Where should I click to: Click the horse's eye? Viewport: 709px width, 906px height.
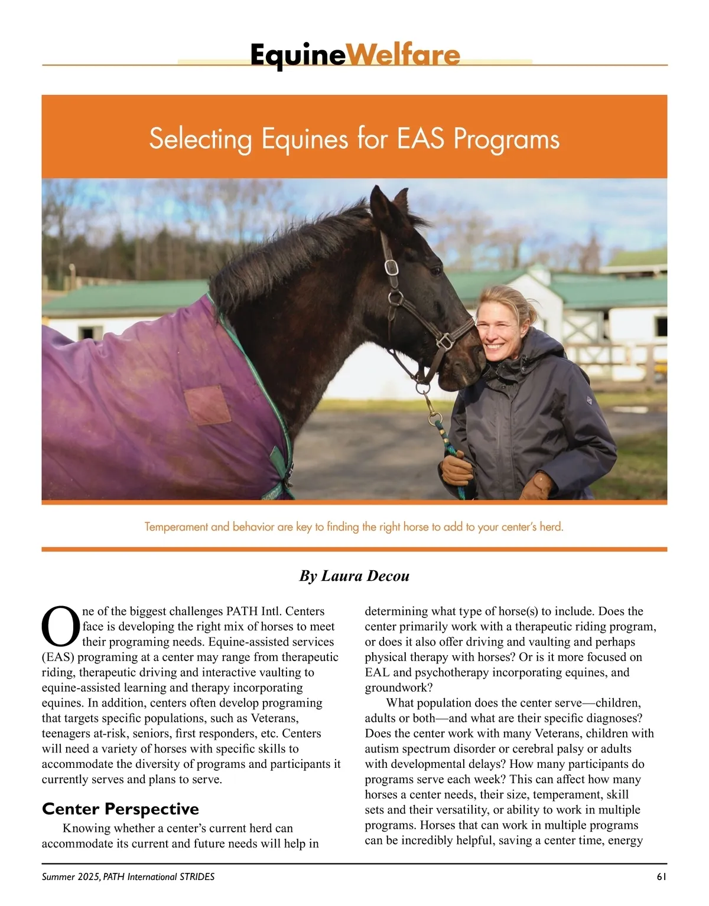[434, 270]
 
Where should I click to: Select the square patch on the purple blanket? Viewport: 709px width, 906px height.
[207, 405]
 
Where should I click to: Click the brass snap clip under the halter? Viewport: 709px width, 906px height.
[435, 420]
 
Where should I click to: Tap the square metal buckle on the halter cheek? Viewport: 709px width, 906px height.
[392, 267]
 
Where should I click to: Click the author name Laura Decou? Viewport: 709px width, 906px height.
[365, 576]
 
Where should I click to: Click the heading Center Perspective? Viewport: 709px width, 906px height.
[121, 809]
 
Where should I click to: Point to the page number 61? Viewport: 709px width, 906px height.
[661, 877]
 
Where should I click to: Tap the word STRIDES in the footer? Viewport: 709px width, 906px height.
[197, 877]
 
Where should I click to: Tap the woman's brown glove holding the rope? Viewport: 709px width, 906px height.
[456, 469]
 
